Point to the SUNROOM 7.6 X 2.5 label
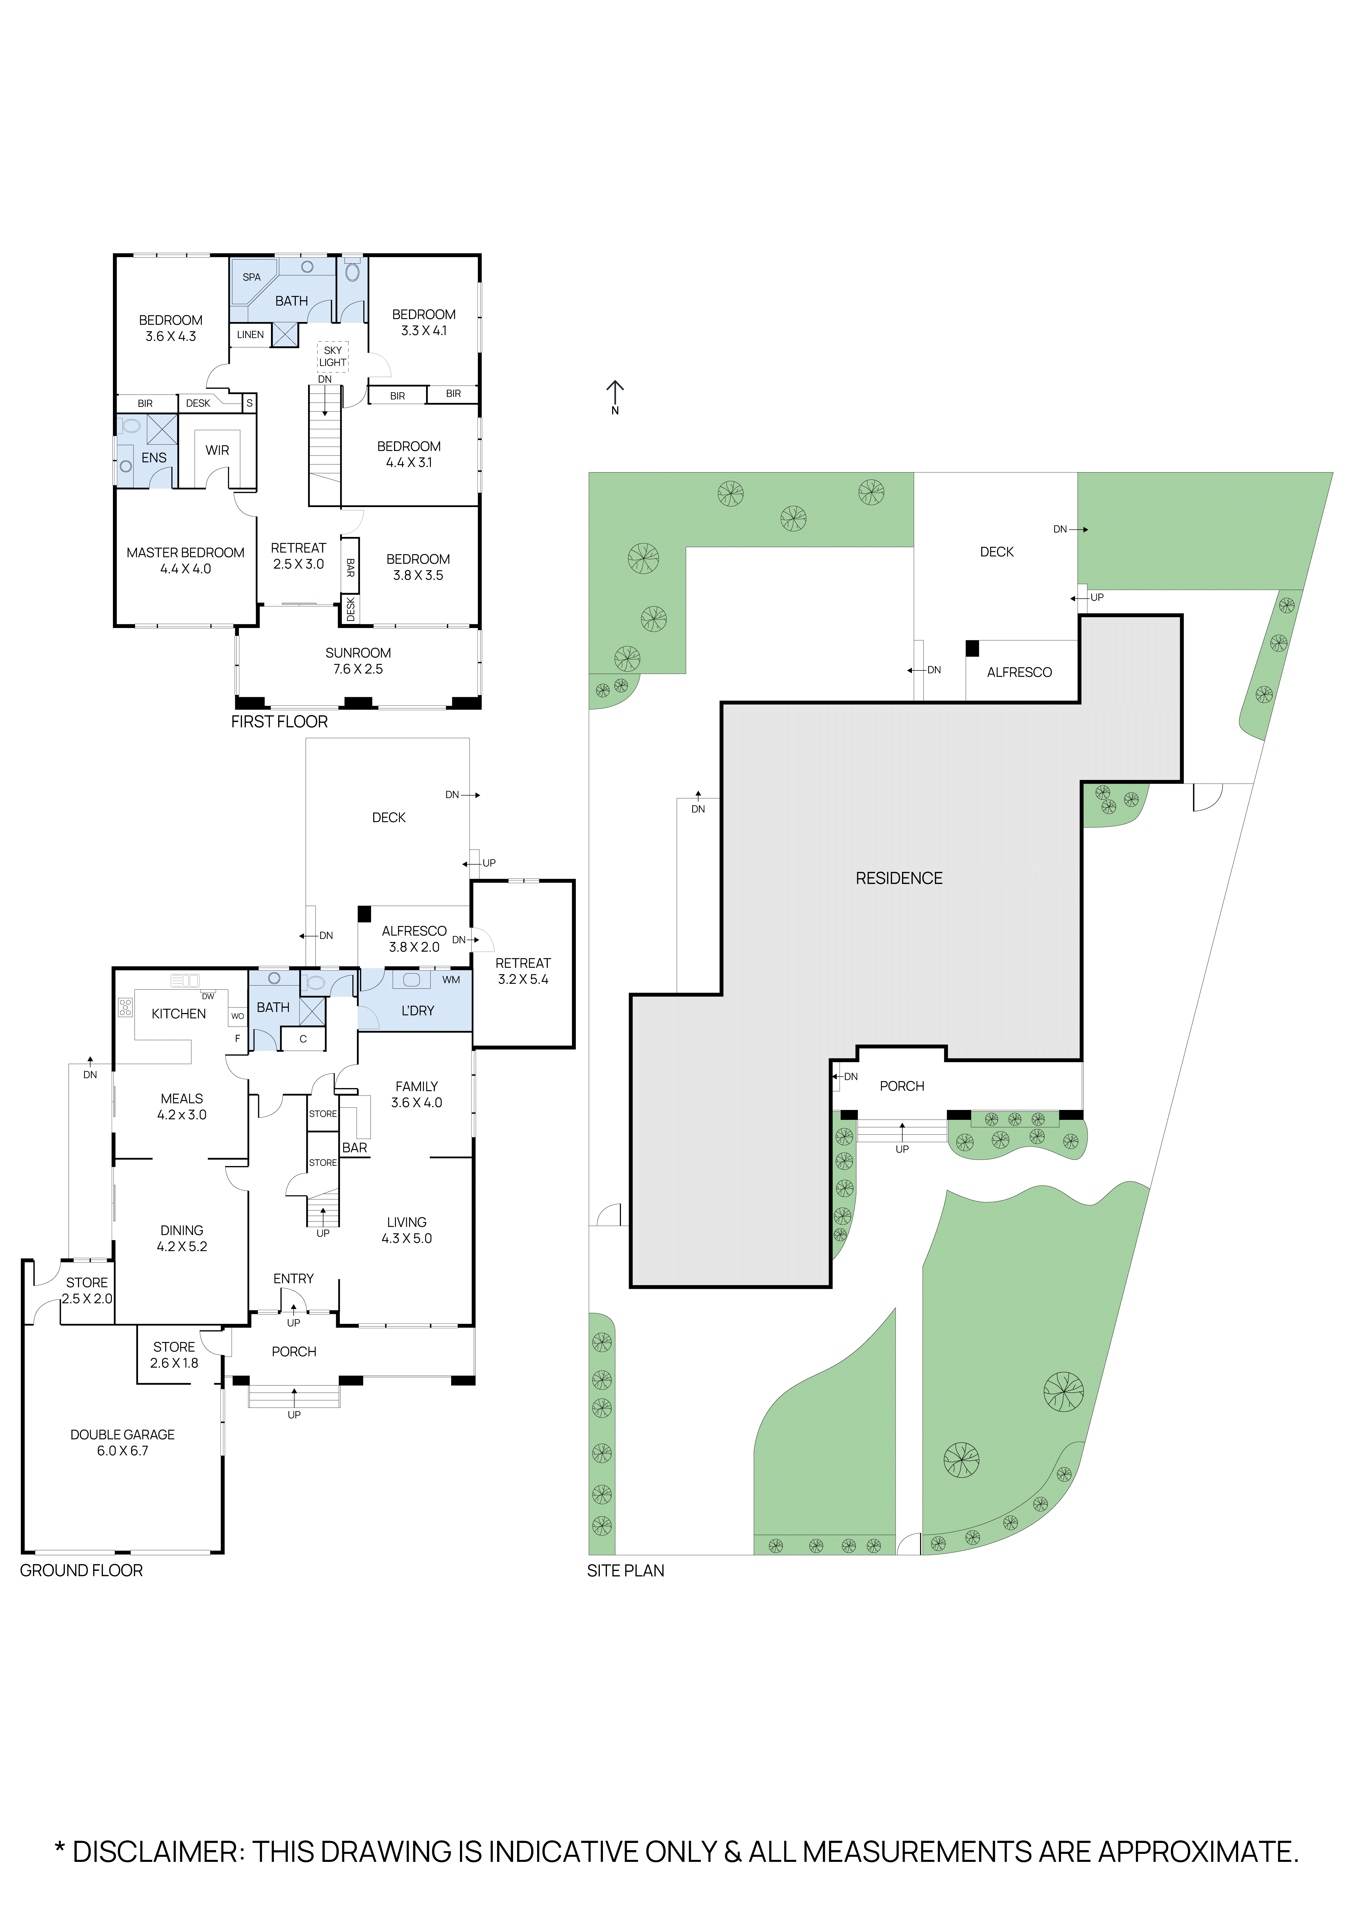click(358, 661)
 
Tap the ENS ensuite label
click(154, 458)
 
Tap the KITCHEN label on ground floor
click(178, 1013)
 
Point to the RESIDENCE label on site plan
click(899, 878)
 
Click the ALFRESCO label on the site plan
click(1019, 672)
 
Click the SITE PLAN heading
click(625, 1571)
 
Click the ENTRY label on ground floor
click(293, 1279)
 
